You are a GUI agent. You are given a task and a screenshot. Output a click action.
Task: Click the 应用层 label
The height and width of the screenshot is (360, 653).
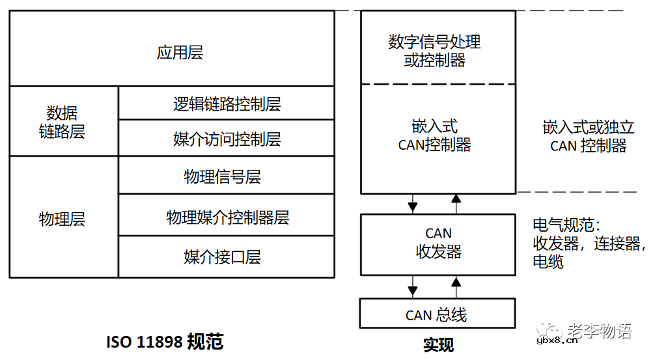click(x=180, y=53)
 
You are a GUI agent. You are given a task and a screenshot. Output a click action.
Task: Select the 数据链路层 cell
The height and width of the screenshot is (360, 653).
click(x=62, y=122)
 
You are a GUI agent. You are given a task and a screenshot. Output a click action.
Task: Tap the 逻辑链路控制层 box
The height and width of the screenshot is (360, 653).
click(x=227, y=104)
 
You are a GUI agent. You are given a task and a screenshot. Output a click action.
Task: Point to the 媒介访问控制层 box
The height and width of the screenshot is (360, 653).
click(x=227, y=139)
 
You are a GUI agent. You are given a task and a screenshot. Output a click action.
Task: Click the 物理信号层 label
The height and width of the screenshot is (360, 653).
click(x=223, y=176)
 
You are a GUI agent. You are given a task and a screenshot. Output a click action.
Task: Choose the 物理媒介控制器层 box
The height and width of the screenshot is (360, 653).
click(x=227, y=217)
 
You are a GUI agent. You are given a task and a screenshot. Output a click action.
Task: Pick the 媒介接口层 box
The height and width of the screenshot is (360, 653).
click(x=223, y=256)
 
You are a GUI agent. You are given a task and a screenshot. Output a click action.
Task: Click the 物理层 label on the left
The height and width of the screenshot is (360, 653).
click(x=62, y=219)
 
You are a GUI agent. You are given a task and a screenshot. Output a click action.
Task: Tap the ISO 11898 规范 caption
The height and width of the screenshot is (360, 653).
click(x=165, y=341)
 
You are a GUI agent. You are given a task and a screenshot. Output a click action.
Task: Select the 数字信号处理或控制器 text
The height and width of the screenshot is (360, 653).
click(x=435, y=51)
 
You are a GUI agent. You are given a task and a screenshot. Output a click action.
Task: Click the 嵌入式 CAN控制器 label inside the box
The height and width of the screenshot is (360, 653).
click(x=435, y=135)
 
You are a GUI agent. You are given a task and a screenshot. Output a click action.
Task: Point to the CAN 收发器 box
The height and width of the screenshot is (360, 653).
click(x=438, y=242)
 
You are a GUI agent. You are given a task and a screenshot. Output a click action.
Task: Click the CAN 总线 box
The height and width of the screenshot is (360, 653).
click(x=437, y=315)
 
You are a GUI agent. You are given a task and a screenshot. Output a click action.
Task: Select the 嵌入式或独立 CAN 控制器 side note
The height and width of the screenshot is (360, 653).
click(x=588, y=136)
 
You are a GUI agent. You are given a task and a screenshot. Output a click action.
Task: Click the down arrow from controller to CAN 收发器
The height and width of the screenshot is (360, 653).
click(x=412, y=203)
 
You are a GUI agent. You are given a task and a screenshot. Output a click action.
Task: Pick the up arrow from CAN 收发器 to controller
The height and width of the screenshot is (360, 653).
click(x=456, y=203)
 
